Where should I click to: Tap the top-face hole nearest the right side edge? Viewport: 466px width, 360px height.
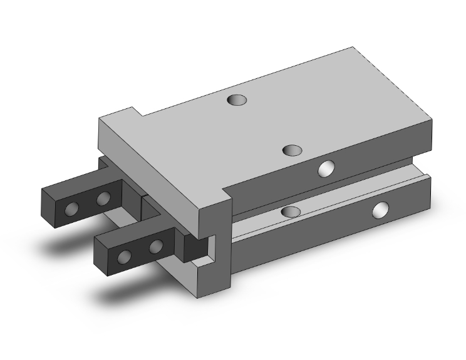pos(293,150)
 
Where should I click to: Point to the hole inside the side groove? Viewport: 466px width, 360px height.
pos(290,212)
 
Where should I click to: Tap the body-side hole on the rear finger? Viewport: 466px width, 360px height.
pos(103,199)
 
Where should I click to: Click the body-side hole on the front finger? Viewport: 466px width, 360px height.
pos(155,245)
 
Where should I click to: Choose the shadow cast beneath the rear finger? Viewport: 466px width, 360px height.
pos(69,241)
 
